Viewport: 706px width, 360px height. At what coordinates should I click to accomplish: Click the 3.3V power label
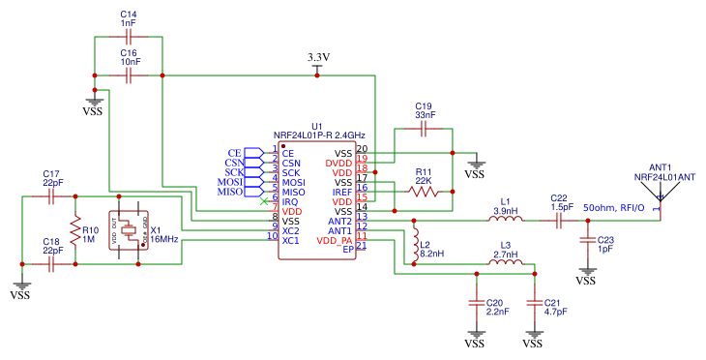pos(318,57)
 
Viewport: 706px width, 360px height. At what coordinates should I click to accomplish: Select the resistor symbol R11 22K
pos(423,192)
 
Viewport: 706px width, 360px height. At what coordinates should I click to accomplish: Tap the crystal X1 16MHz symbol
pos(128,230)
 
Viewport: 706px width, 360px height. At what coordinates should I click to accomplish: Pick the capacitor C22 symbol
pos(558,221)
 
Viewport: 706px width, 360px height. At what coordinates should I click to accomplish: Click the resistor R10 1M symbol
pos(74,230)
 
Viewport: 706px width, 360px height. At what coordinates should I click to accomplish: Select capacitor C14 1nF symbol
pos(128,37)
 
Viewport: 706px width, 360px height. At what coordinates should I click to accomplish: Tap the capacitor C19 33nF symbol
pos(424,128)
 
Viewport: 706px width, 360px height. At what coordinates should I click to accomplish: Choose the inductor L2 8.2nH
pos(416,239)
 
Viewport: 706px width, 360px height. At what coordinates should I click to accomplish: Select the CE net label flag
pos(235,153)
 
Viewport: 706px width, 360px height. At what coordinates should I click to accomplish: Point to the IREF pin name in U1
pos(342,192)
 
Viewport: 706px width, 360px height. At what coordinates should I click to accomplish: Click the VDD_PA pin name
pos(335,240)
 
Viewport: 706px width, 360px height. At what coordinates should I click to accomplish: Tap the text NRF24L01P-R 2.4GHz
pos(319,135)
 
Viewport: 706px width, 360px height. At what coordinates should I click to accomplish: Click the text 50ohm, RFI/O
pos(614,207)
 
